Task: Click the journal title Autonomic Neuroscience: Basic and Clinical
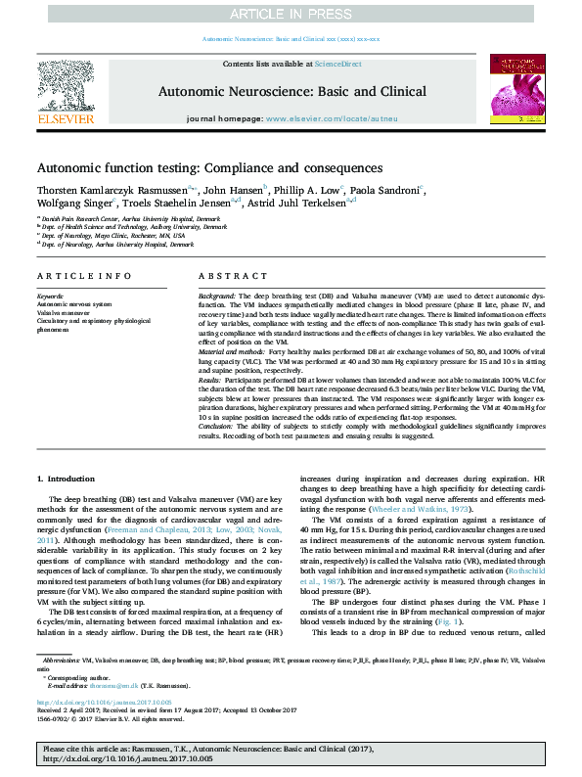(291, 89)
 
